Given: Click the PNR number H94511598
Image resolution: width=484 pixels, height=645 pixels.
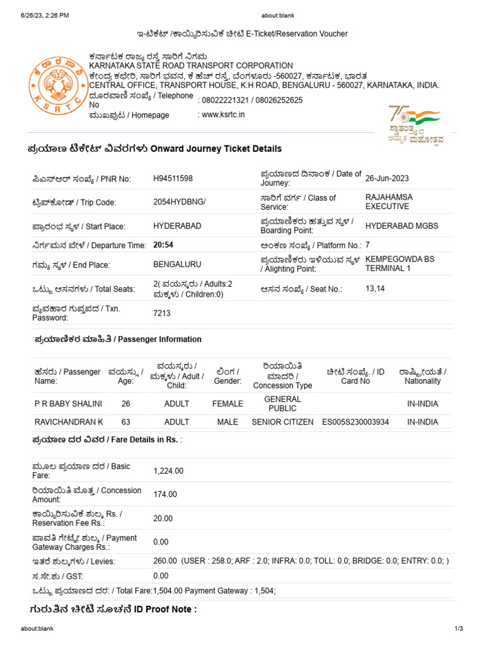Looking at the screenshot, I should [x=173, y=179].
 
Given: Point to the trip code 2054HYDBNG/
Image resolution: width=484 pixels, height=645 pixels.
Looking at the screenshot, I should [x=180, y=203].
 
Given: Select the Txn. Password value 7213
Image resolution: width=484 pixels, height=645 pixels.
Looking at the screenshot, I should [x=162, y=313].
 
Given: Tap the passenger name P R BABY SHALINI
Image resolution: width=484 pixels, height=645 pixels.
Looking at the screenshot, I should [x=68, y=404].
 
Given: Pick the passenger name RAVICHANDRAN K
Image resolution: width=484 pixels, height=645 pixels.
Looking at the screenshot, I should [x=68, y=422].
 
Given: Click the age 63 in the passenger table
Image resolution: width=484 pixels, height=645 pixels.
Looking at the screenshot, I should [x=126, y=422].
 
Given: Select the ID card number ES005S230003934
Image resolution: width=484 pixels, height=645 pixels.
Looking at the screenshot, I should [x=355, y=422].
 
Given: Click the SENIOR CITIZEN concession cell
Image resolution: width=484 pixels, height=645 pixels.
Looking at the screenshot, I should [x=282, y=422].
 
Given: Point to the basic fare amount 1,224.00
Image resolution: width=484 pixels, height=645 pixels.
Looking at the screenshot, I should [x=168, y=471].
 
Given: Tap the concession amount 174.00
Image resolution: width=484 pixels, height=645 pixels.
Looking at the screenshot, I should [x=165, y=494].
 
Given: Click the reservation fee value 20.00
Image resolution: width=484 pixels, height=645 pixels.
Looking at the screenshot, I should [x=163, y=518].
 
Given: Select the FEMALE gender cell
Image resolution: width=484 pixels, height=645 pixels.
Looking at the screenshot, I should [x=228, y=404].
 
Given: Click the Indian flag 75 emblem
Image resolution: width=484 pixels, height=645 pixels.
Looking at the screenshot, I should [x=415, y=124].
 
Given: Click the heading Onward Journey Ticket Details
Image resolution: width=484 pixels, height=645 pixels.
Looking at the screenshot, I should [x=154, y=149].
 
